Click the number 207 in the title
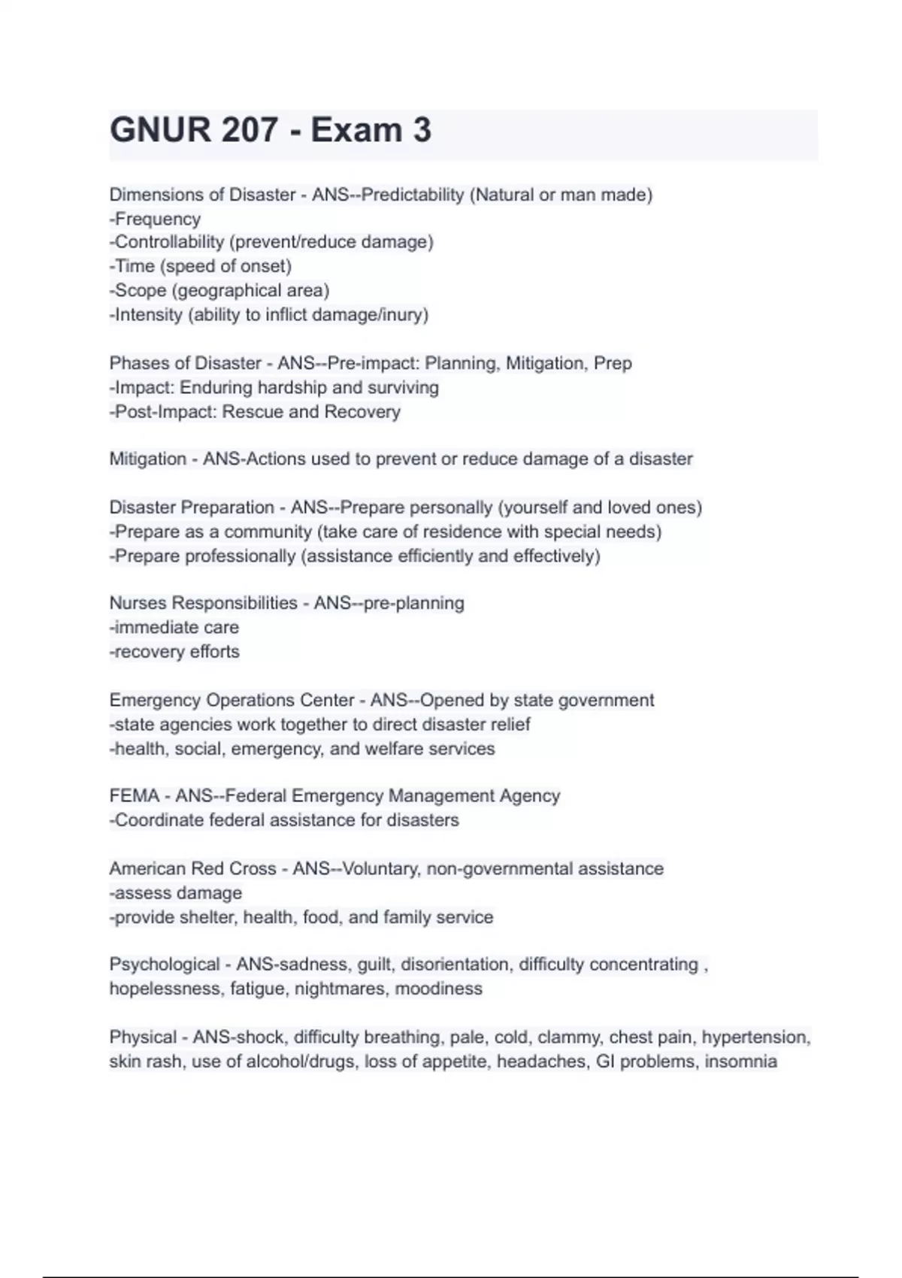tap(250, 130)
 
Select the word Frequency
tap(158, 219)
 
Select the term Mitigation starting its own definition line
tap(147, 459)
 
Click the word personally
tap(448, 507)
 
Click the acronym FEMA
tap(134, 795)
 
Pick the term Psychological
tap(165, 965)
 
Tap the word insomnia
tap(740, 1061)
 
